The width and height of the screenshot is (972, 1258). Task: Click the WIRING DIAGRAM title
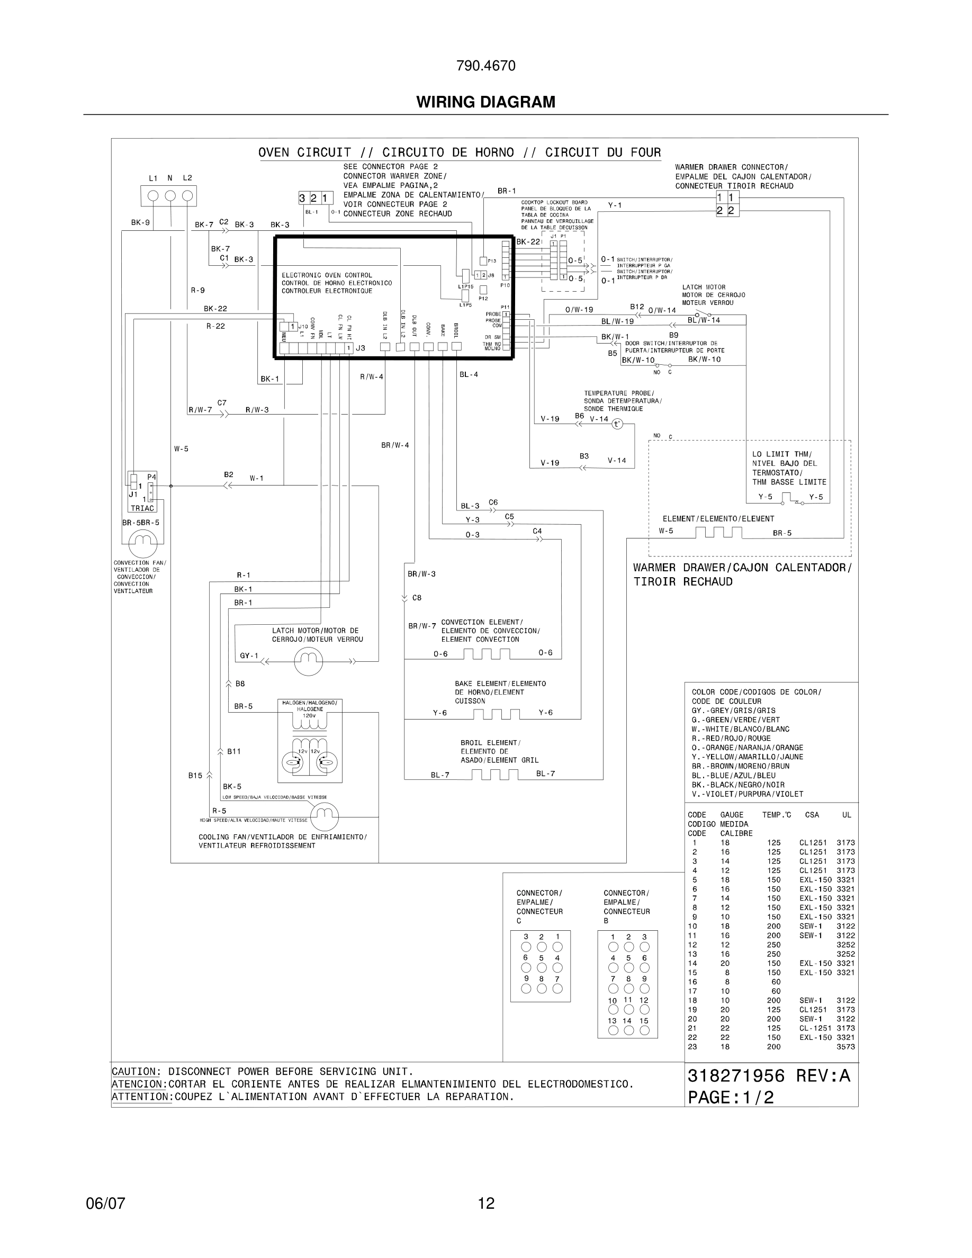[x=485, y=102]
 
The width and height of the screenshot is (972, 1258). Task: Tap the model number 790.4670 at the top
[x=485, y=66]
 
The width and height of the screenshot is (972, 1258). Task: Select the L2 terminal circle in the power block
[x=187, y=196]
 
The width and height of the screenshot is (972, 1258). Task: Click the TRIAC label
[x=142, y=508]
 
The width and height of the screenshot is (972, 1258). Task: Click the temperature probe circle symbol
[x=617, y=424]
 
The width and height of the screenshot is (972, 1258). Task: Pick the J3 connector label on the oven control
[x=361, y=348]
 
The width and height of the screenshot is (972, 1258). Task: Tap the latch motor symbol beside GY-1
[x=309, y=661]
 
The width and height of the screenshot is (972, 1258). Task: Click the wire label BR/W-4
[x=395, y=445]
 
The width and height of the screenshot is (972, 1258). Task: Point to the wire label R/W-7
[x=200, y=410]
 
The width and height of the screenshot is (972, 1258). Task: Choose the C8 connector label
[x=417, y=598]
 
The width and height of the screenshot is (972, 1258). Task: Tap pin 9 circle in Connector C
[x=526, y=989]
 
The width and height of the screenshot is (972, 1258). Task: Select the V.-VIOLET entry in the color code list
[x=747, y=794]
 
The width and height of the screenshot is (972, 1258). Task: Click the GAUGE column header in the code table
[x=731, y=815]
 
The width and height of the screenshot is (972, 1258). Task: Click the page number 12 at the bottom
[x=486, y=1203]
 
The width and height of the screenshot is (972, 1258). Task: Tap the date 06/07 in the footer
[x=105, y=1203]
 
